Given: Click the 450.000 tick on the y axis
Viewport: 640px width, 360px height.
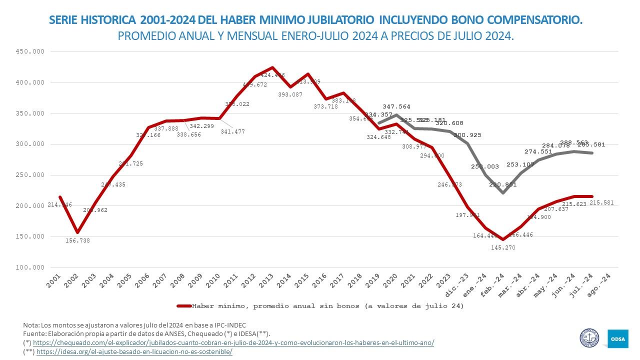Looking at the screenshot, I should (30, 51).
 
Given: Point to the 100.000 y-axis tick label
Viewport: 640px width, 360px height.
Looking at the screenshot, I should (30, 267).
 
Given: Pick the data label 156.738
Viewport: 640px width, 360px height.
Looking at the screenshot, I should (78, 240).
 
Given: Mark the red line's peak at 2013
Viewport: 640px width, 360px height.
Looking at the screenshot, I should (272, 67).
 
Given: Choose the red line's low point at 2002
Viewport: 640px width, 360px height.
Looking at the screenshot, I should (77, 232).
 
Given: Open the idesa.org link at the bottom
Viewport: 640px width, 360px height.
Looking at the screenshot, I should (134, 351).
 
